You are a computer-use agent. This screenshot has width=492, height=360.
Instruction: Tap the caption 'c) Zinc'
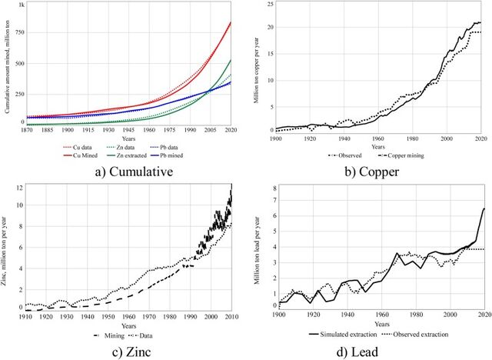[x=123, y=347]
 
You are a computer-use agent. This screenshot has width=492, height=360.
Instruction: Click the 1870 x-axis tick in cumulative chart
[x=25, y=132]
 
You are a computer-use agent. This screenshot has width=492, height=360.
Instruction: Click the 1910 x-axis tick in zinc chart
[x=26, y=315]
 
